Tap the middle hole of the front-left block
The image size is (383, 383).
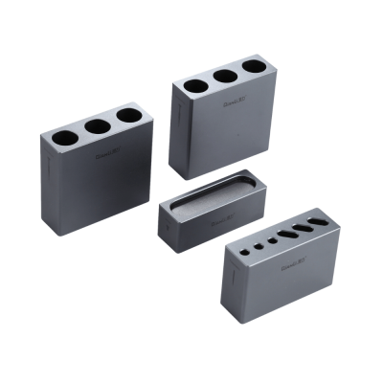[x=97, y=126]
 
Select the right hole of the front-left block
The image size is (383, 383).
[x=128, y=116]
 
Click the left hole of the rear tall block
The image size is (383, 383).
[x=193, y=86]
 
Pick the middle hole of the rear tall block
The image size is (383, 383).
[x=224, y=77]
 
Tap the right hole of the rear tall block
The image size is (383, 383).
[x=253, y=67]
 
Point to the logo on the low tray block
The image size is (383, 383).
[x=221, y=221]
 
